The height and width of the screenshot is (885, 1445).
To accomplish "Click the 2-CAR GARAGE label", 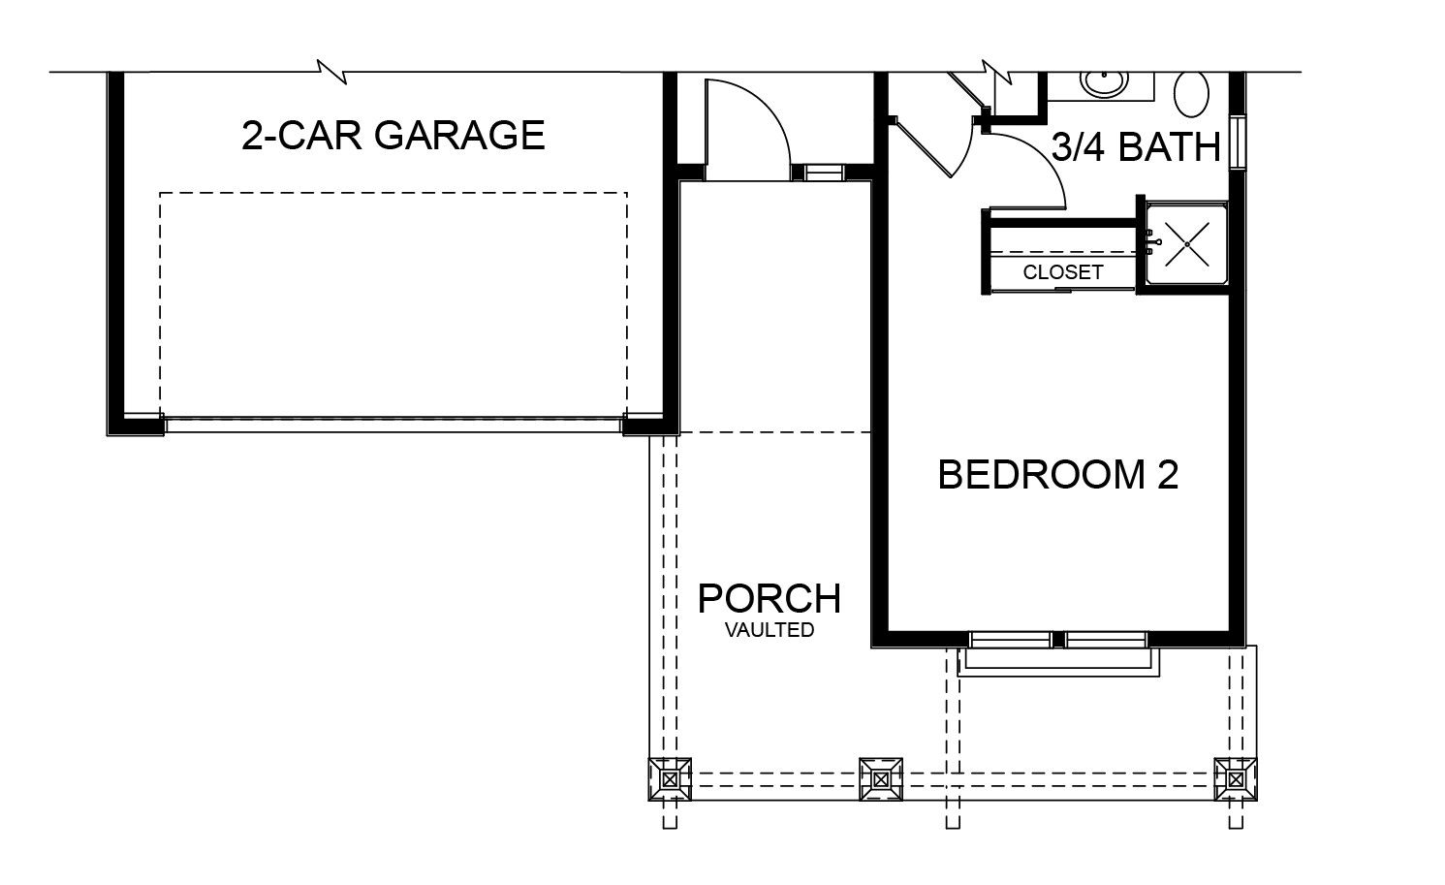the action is tap(393, 135).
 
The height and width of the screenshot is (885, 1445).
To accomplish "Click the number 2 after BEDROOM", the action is tap(1167, 475).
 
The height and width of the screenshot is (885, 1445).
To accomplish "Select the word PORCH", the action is tap(769, 599).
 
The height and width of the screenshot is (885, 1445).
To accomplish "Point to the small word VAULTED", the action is tap(769, 629).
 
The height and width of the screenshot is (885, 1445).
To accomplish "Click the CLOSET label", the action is tap(1063, 272).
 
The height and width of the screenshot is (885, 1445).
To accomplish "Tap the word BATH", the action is tap(1169, 147).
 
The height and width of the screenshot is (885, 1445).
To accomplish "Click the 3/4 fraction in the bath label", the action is tap(1079, 147).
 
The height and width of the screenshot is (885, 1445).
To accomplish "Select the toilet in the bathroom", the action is tap(1191, 94).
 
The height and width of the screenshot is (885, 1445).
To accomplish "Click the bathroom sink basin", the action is tap(1105, 82).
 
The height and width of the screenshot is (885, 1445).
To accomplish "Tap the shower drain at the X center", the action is tap(1187, 244).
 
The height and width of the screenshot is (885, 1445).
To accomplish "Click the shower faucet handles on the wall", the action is tap(1151, 241).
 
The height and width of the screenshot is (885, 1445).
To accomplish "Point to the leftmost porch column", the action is tap(670, 779).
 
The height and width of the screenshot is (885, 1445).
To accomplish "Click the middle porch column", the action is tap(881, 779).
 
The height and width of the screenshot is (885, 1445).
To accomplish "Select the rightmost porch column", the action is tap(1236, 779).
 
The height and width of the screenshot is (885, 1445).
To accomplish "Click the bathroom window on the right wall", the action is tap(1238, 142).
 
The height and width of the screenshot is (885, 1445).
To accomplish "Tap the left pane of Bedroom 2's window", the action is tap(1010, 639).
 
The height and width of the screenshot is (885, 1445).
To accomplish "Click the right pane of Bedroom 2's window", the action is tap(1106, 639).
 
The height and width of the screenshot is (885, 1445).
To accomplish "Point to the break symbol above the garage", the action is tap(333, 73).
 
